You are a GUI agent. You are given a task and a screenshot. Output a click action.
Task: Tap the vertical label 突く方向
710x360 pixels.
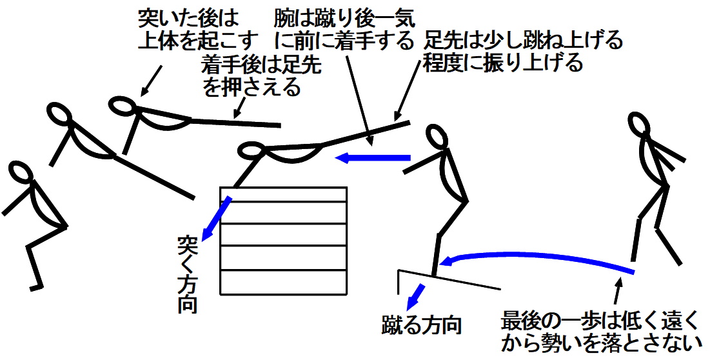(x=187, y=274)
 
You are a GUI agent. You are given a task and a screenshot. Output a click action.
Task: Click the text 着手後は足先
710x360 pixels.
(x=261, y=65)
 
